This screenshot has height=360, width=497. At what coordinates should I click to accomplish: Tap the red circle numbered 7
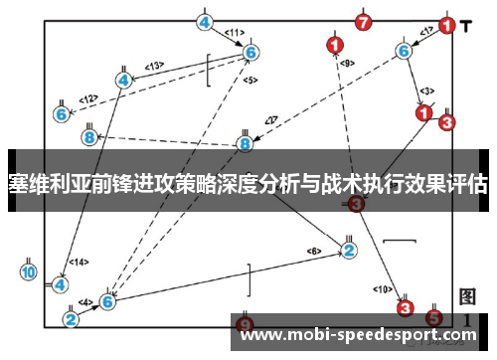[363, 21]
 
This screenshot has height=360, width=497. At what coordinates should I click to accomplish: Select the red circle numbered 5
[433, 318]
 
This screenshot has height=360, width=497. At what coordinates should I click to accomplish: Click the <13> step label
[154, 66]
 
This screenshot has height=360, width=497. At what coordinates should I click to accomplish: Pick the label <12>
[89, 99]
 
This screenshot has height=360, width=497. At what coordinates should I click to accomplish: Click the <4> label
[86, 301]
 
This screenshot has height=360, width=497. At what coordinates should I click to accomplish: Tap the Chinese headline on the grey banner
[248, 184]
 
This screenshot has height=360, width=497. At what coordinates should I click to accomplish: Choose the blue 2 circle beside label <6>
[349, 250]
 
